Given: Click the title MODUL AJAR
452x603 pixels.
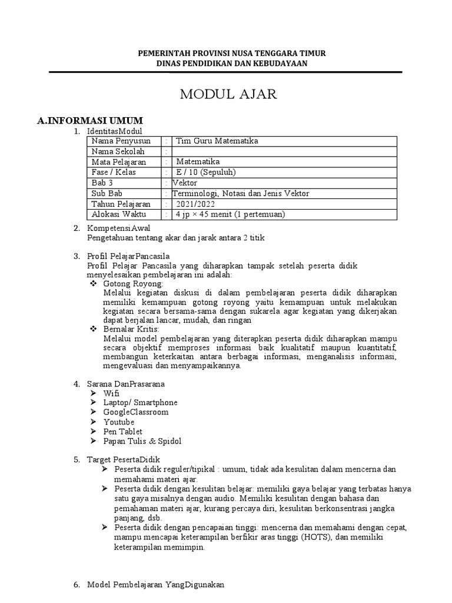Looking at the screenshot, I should pos(228,95).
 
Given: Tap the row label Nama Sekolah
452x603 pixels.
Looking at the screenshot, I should pos(118,151).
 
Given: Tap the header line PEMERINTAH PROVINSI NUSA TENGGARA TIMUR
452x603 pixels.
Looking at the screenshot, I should pos(231,53).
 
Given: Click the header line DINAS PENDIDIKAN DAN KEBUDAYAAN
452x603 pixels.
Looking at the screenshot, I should pos(231,63).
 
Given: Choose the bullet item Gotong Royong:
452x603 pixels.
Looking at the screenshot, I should pos(132,284).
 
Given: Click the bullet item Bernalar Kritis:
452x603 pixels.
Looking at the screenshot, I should pos(131,330).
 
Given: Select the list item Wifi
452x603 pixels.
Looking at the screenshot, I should pos(111,393).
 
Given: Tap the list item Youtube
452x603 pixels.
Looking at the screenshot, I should pos(118,422).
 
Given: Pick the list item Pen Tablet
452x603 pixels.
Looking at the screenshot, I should pos(122,432).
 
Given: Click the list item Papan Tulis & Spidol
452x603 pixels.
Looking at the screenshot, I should pos(142,441).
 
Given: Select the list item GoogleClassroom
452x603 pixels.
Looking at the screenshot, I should pos(135,412).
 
